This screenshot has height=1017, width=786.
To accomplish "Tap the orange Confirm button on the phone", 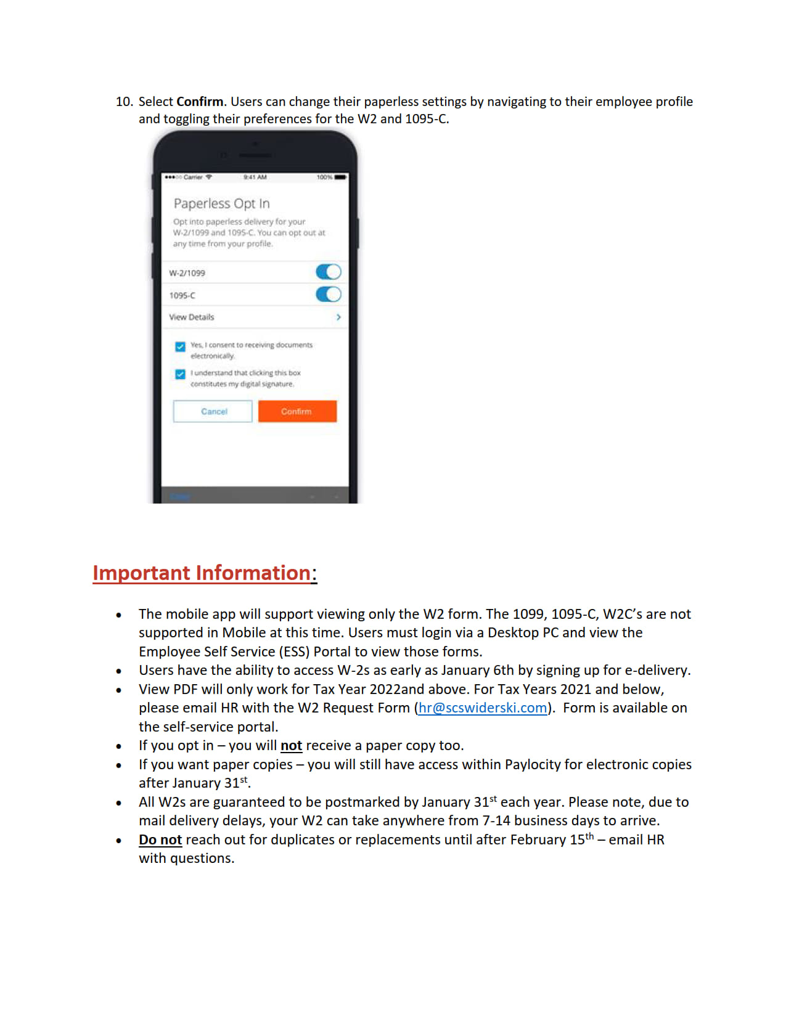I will [x=297, y=411].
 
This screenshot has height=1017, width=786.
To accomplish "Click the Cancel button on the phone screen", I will [x=213, y=411].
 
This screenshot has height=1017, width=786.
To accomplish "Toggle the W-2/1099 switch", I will [x=328, y=272].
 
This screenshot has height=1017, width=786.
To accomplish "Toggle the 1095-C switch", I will [x=328, y=295].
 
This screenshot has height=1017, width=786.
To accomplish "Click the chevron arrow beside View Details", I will [x=338, y=317].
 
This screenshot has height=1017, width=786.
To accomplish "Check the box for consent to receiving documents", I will [x=180, y=346].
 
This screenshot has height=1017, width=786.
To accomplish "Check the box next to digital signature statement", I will [x=180, y=374].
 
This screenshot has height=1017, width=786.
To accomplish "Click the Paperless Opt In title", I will [x=221, y=203].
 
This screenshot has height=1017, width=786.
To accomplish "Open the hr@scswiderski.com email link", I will [x=483, y=708].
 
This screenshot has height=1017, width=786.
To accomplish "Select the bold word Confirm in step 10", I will [x=200, y=102].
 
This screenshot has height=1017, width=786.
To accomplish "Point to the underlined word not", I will [x=291, y=746].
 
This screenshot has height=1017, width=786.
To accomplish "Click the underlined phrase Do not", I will [x=160, y=839].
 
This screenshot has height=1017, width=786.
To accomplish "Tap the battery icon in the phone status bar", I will [x=341, y=177].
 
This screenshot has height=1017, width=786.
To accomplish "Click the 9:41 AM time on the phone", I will [x=255, y=177].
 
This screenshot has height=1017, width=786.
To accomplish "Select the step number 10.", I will [x=124, y=102].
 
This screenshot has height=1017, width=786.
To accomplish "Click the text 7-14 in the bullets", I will [x=496, y=821].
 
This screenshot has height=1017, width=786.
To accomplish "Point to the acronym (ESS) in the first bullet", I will [x=294, y=652].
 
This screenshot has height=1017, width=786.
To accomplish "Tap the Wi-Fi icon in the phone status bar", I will [x=209, y=177].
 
